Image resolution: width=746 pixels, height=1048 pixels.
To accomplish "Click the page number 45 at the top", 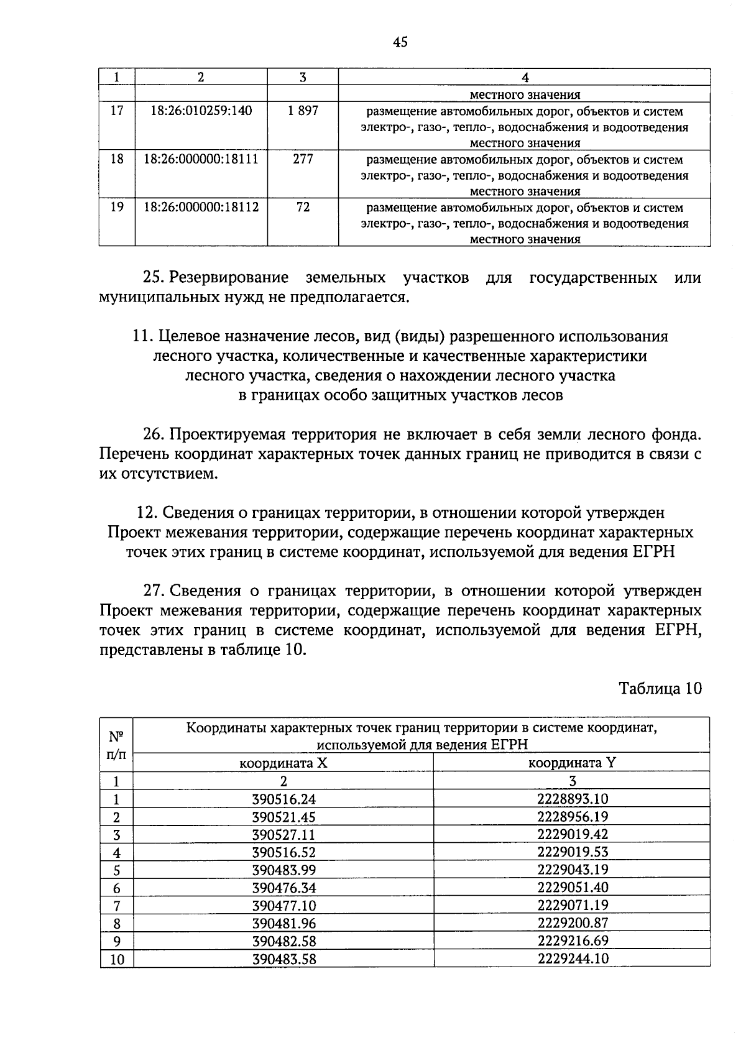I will [x=400, y=42].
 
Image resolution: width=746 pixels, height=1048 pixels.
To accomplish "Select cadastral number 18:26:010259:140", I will [x=201, y=111].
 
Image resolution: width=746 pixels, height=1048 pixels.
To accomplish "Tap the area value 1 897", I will [x=303, y=111].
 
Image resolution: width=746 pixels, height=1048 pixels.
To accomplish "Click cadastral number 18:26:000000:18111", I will [x=201, y=159].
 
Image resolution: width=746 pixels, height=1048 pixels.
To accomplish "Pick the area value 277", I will [x=303, y=159].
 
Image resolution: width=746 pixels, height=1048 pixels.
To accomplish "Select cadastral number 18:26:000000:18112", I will [x=201, y=207].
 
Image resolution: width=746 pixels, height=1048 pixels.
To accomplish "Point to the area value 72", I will [x=303, y=207].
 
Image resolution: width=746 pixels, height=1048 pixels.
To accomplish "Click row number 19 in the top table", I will [x=117, y=207].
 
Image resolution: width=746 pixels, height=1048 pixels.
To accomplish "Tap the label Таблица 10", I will [x=660, y=689].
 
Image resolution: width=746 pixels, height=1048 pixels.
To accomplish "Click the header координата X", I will [x=283, y=763].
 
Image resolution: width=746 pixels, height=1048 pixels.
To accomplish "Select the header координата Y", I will [x=572, y=763].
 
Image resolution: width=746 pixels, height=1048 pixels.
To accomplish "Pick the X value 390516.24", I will [x=283, y=799].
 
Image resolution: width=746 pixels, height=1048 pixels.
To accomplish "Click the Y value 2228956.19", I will [x=573, y=817].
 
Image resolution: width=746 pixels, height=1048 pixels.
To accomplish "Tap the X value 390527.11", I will [x=283, y=835].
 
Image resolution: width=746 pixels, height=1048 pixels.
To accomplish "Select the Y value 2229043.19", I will [x=573, y=870].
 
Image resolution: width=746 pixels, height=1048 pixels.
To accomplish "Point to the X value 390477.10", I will [x=283, y=905].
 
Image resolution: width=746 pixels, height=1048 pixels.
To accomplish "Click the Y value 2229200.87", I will [x=573, y=922].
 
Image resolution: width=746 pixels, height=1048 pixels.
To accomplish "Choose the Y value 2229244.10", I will [x=573, y=958].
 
